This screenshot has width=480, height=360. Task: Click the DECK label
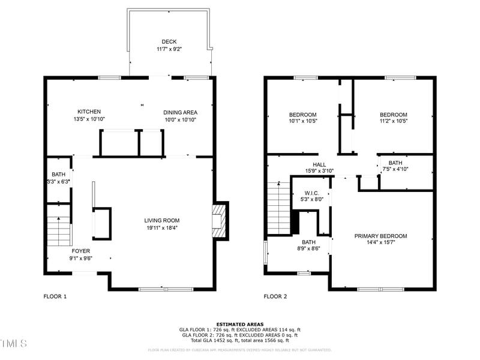[169, 41]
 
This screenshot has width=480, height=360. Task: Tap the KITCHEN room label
[89, 112]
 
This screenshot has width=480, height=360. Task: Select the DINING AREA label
[181, 112]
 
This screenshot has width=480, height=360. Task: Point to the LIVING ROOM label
[161, 220]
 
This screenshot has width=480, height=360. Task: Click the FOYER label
[81, 251]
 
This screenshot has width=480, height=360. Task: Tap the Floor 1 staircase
[59, 225]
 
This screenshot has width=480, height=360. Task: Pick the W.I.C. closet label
[311, 193]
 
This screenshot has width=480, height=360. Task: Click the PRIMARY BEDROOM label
[380, 236]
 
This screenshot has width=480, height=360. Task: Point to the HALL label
[319, 164]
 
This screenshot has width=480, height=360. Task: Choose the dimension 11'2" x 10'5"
[393, 122]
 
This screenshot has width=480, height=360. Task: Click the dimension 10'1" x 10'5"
[303, 122]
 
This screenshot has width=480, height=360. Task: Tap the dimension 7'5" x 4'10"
[395, 170]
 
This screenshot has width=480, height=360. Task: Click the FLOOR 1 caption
[55, 296]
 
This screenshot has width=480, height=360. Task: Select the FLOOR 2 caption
[275, 296]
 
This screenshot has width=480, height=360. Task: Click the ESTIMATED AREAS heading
[240, 324]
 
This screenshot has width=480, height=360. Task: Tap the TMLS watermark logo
[13, 343]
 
